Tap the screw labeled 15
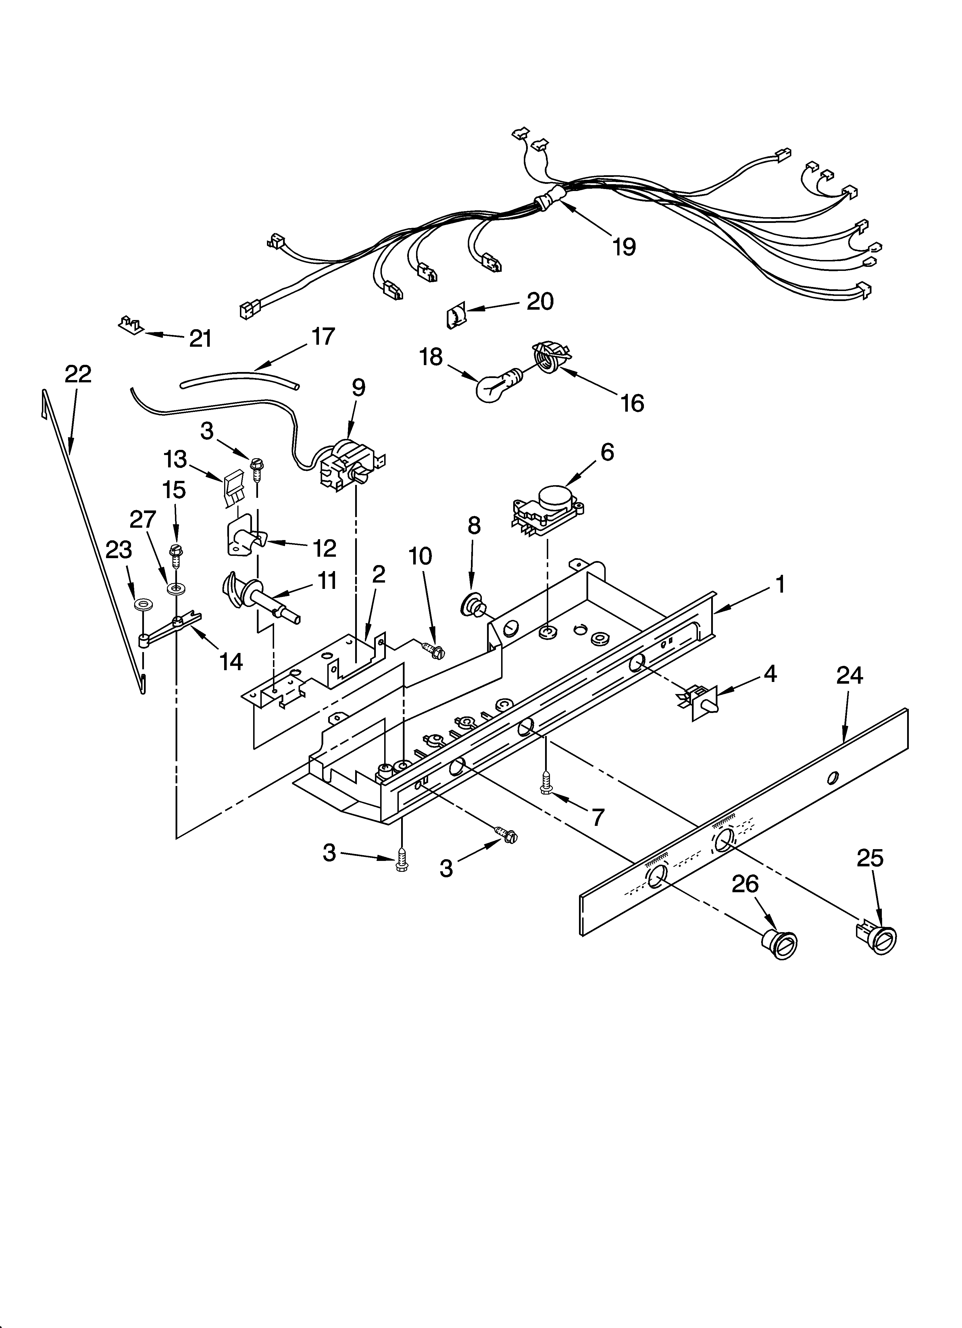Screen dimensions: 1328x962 click(175, 554)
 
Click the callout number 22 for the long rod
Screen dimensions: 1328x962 click(78, 374)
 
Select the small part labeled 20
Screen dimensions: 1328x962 click(456, 316)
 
